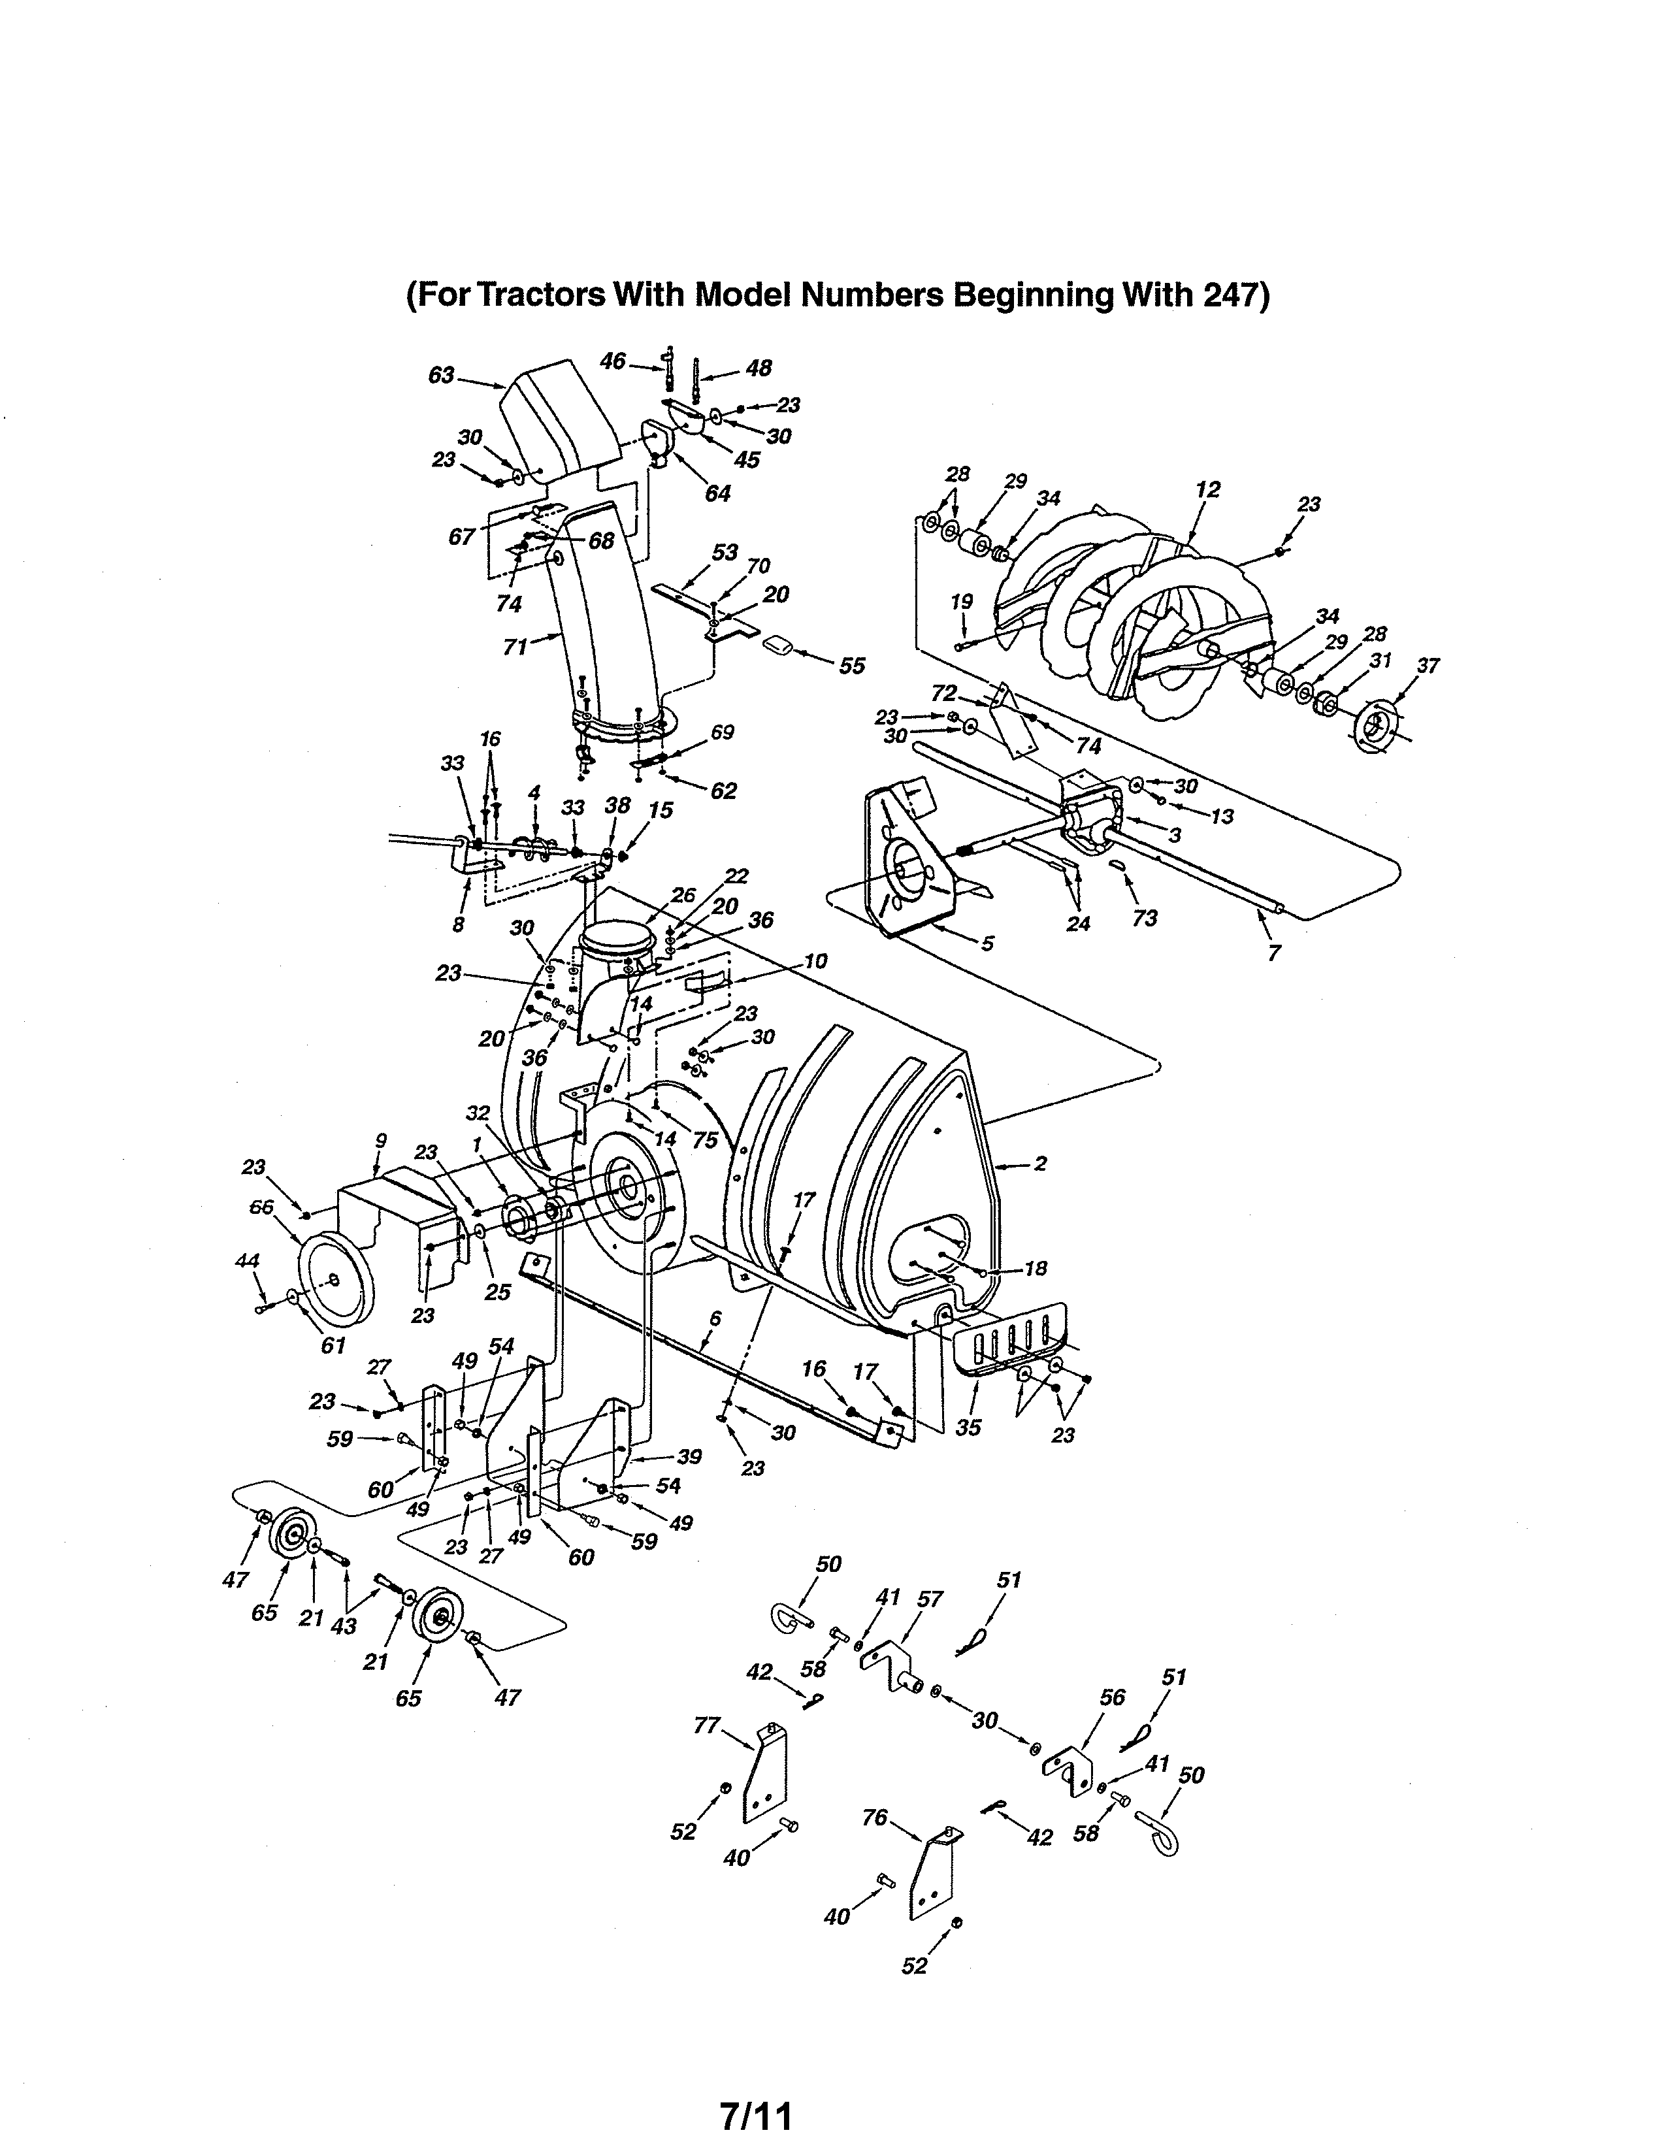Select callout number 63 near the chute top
click(441, 375)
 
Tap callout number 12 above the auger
click(1207, 489)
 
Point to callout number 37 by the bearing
click(1427, 666)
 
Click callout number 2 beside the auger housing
click(1039, 1164)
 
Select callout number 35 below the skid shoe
click(968, 1426)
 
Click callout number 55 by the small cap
click(852, 666)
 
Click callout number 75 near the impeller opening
click(705, 1140)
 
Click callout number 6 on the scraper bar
click(715, 1318)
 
